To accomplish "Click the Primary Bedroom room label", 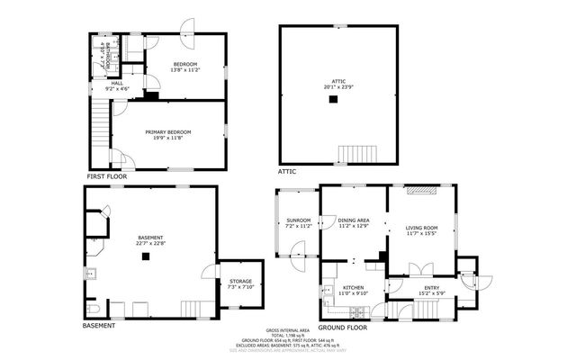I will point(168,132).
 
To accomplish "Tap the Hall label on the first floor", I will point(117,83).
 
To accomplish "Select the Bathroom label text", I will point(107,60).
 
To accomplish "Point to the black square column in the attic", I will point(333,99).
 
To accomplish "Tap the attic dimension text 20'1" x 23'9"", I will point(333,88).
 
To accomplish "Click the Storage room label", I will point(240,281).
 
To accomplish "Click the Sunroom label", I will point(299,220).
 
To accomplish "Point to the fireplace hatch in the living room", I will point(422,191).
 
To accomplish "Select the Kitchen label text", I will point(353,287).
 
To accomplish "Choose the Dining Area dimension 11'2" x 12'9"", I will point(353,226).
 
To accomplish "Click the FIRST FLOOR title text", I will point(107,176).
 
